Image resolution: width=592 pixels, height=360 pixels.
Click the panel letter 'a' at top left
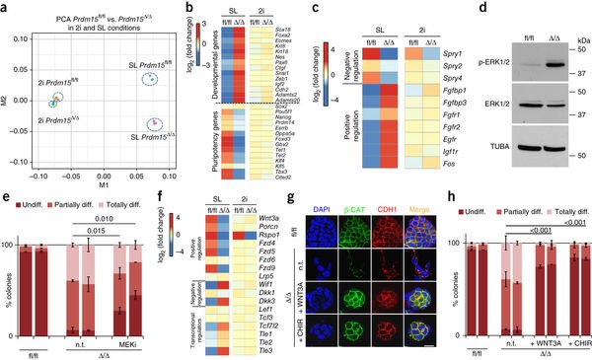[x=5, y=7]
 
